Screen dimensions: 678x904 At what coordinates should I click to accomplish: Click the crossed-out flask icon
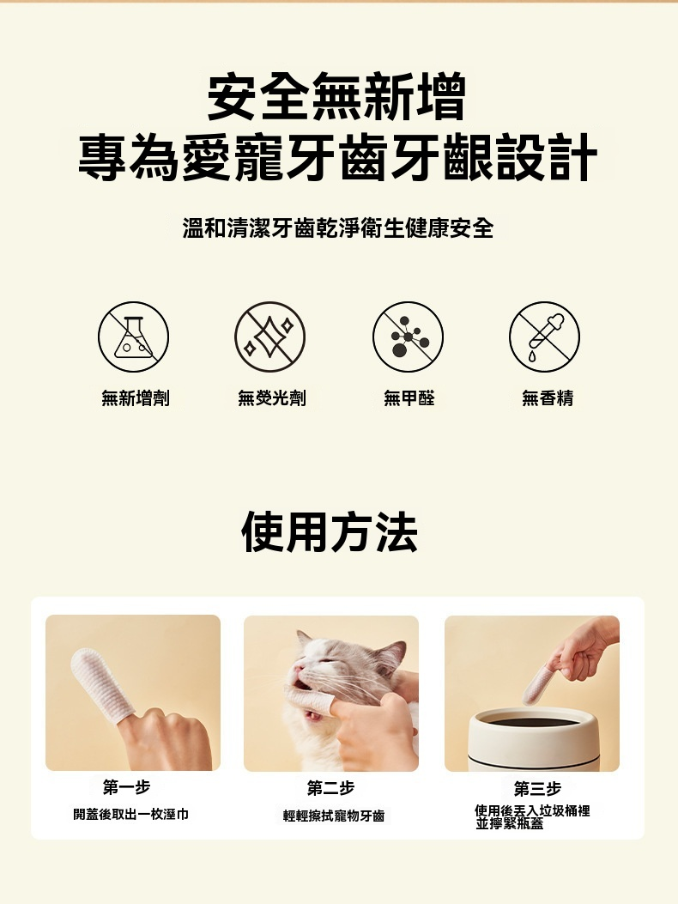pos(133,337)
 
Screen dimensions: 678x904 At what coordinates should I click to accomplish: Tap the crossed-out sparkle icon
pos(269,337)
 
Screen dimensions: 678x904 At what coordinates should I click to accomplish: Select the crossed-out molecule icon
pos(409,337)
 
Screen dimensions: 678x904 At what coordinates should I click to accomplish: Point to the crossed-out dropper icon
pos(544,337)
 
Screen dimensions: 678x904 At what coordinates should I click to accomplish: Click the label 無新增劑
pos(136,397)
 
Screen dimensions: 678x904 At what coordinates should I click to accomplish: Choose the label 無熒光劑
pos(272,397)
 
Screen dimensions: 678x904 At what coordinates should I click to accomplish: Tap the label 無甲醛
pos(409,397)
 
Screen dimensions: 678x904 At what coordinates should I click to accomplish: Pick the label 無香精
pos(548,397)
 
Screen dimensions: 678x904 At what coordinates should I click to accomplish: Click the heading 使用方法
pos(330,532)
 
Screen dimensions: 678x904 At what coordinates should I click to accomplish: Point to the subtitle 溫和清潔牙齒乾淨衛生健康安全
pos(338,228)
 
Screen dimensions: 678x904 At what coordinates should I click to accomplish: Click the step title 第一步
pos(126,786)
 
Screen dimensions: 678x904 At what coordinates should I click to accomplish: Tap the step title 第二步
pos(331,787)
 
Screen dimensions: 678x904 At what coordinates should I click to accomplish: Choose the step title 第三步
pos(537,788)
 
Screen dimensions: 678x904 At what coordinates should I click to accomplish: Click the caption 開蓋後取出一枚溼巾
pos(130,814)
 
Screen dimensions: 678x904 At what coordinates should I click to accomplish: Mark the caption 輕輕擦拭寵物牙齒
pos(334,816)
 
